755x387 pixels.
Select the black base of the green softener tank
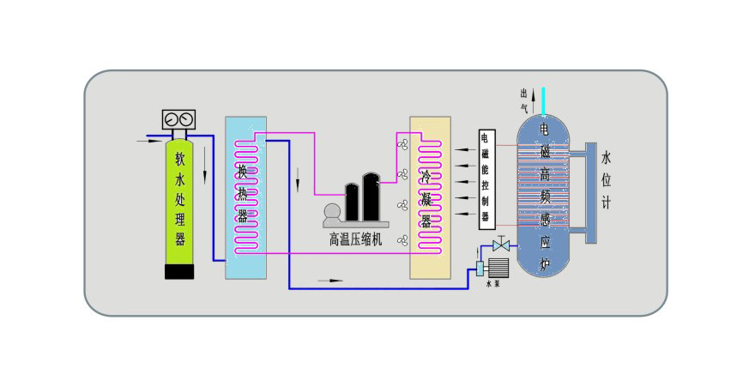[180, 270]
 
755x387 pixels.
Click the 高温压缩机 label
[355, 240]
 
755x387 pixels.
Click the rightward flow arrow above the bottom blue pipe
[329, 280]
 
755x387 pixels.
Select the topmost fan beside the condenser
[402, 144]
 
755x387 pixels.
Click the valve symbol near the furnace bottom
[501, 246]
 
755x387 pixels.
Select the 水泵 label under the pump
[493, 282]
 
